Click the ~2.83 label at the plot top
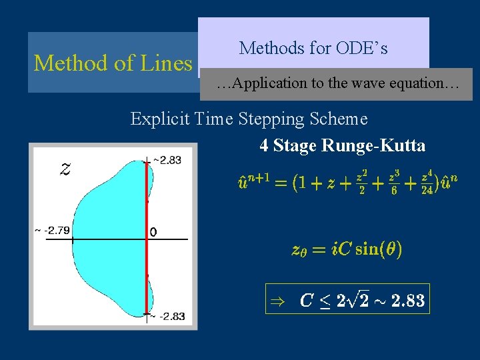click(167, 160)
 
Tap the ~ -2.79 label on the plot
click(52, 231)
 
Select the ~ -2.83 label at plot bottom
click(168, 316)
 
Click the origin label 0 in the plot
click(154, 232)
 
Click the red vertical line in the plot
click(147, 200)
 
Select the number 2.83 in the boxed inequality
click(408, 301)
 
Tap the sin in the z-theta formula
click(369, 250)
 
